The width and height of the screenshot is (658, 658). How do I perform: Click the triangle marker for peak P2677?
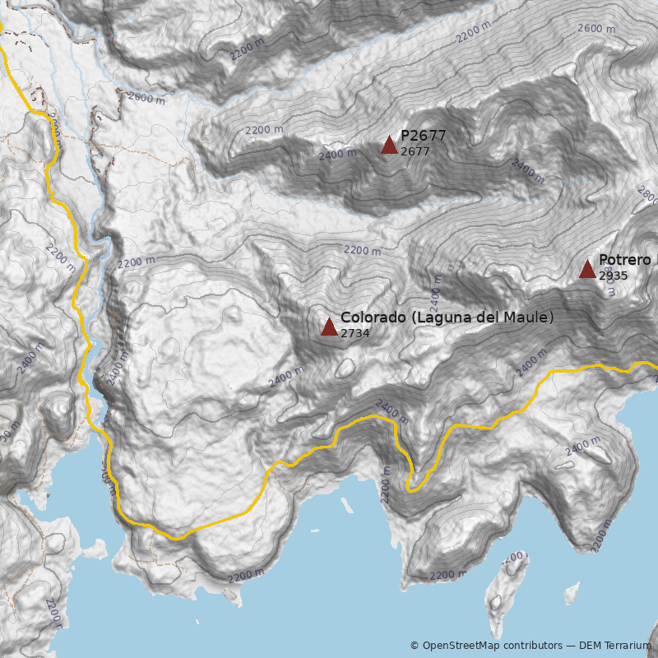click(x=389, y=146)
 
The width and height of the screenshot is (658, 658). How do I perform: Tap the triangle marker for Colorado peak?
click(x=329, y=327)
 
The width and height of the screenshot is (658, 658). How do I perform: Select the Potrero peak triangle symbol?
click(x=587, y=269)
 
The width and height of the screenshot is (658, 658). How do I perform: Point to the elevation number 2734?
click(x=354, y=333)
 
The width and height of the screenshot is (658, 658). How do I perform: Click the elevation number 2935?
click(x=613, y=276)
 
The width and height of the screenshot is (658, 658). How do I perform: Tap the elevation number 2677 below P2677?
click(x=415, y=151)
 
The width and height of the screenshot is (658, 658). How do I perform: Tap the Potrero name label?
click(x=625, y=260)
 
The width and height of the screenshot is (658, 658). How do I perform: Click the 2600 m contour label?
click(x=596, y=28)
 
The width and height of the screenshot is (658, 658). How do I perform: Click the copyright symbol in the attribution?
click(x=415, y=646)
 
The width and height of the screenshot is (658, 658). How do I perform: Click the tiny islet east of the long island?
click(x=571, y=591)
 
